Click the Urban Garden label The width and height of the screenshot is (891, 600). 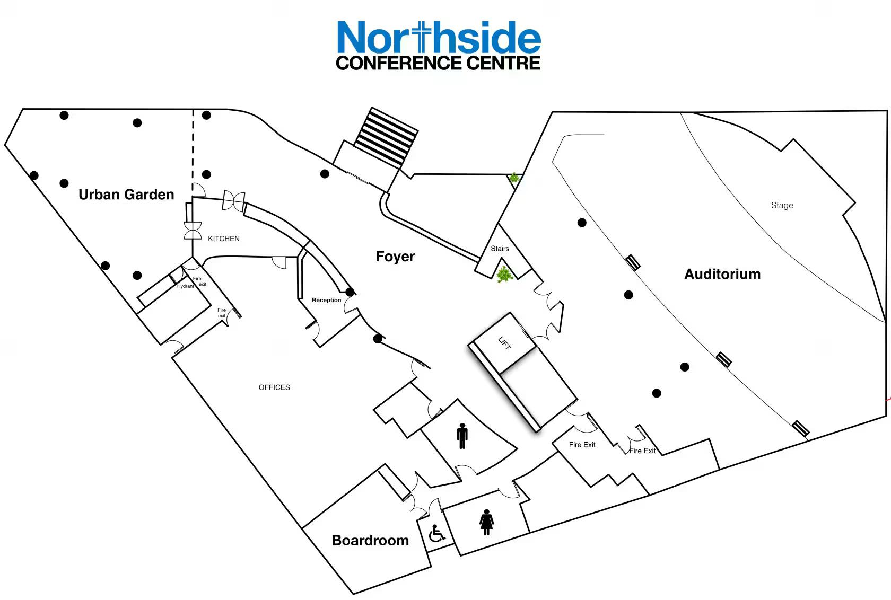point(126,195)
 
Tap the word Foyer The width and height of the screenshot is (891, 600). point(395,257)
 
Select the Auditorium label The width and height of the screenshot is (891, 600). point(722,274)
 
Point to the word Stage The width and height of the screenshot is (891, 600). point(782,205)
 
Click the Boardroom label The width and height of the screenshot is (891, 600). point(370,540)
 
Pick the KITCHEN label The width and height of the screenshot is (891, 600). point(224,239)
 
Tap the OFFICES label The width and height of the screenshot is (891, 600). point(274,387)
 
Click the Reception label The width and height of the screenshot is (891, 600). point(326,300)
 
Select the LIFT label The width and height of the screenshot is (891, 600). point(504,343)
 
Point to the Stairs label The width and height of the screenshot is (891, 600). point(500,249)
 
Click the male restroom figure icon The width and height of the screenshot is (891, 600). point(462,436)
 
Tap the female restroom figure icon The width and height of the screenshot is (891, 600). point(486,522)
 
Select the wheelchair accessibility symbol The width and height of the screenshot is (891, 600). point(436,534)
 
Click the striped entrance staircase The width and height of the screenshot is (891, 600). point(386,137)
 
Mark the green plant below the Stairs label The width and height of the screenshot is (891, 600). point(504,275)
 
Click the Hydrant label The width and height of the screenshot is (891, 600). point(186,286)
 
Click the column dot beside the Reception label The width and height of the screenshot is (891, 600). point(350,292)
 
